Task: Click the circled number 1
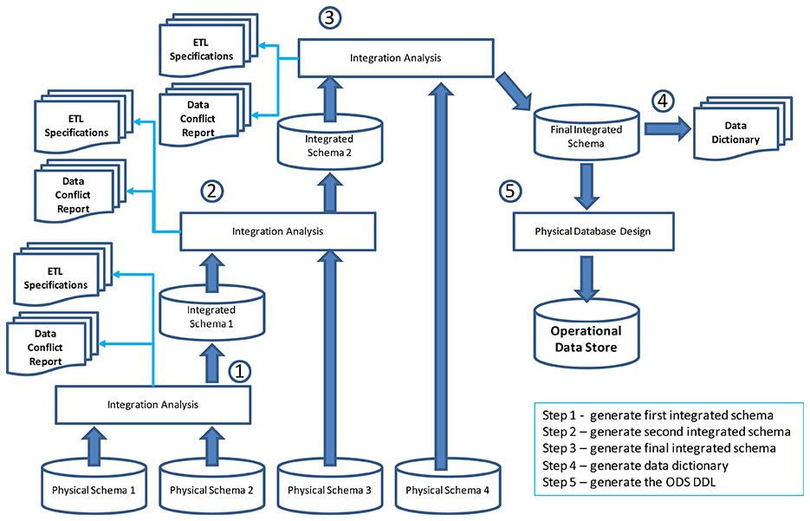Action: click(x=240, y=372)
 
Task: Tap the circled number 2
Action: click(x=211, y=191)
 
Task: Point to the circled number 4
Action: click(x=663, y=101)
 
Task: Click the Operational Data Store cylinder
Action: click(x=586, y=334)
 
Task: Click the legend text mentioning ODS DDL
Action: click(x=633, y=481)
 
